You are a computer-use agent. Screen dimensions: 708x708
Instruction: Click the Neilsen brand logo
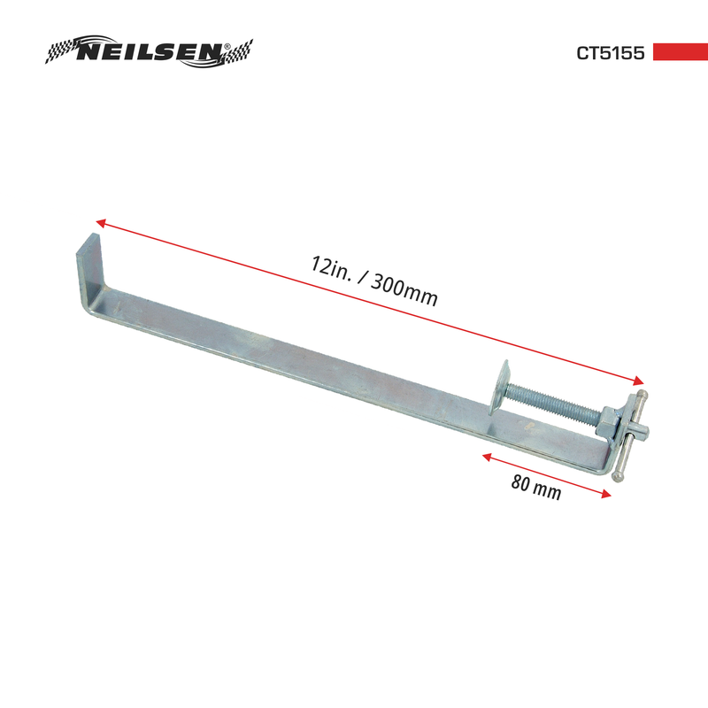click(x=150, y=50)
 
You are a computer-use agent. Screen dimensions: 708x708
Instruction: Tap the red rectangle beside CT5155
click(x=680, y=52)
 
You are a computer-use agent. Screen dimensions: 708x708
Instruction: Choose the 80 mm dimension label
click(x=535, y=487)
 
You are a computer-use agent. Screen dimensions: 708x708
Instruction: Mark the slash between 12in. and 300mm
click(x=362, y=280)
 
